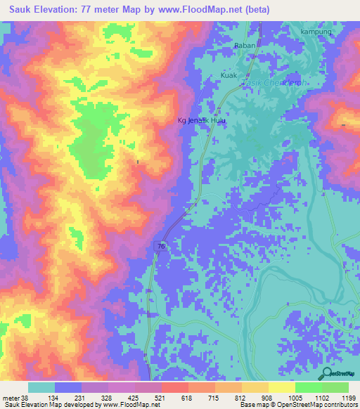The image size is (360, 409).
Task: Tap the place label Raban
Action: pyautogui.click(x=244, y=46)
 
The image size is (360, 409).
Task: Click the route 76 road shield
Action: pyautogui.click(x=162, y=247)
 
